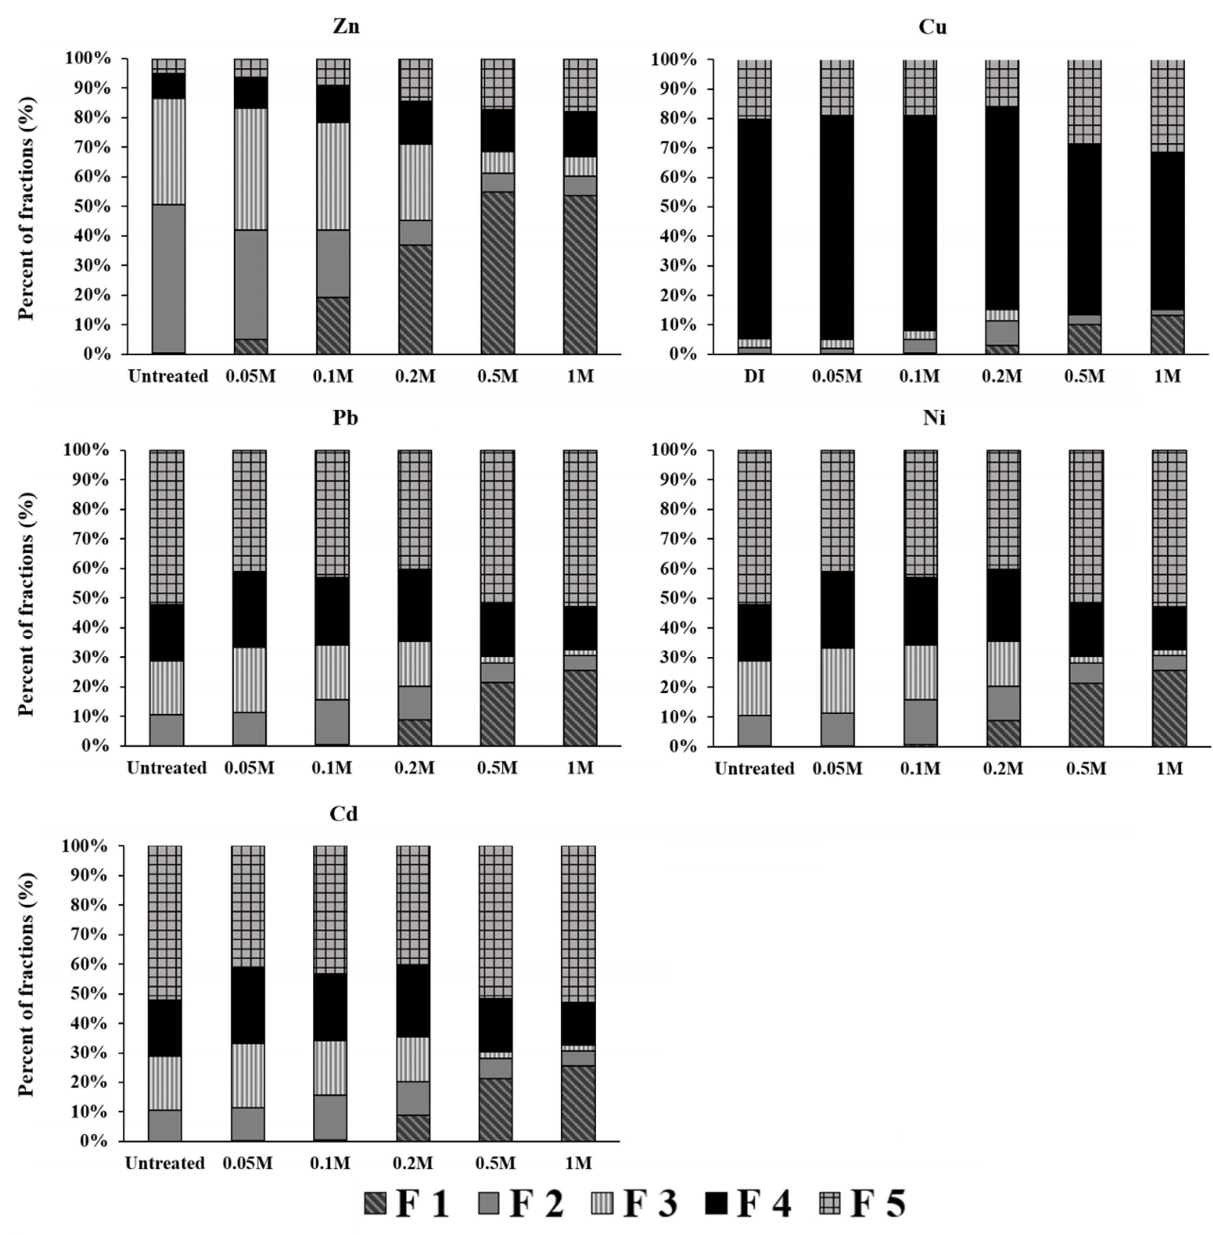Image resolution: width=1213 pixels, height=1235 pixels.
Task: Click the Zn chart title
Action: [x=346, y=27]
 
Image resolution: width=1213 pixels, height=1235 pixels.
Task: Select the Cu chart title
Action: [x=932, y=27]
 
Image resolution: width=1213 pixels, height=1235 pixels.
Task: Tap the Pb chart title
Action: [x=345, y=418]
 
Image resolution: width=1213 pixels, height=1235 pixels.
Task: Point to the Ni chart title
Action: [x=933, y=418]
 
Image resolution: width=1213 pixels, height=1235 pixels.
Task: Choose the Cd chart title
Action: [x=344, y=813]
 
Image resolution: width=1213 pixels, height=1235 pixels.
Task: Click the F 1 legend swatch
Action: [x=375, y=1203]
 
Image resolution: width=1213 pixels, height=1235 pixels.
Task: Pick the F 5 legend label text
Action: [x=877, y=1203]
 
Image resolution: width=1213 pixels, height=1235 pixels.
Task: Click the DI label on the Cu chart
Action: [x=754, y=376]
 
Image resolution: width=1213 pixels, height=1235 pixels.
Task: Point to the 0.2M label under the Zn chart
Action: [x=415, y=376]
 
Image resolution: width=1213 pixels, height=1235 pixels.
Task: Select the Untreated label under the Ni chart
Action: [x=754, y=769]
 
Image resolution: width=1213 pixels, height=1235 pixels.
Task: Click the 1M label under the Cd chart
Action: [x=578, y=1164]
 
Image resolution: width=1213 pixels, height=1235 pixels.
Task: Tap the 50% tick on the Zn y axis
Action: [x=95, y=206]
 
